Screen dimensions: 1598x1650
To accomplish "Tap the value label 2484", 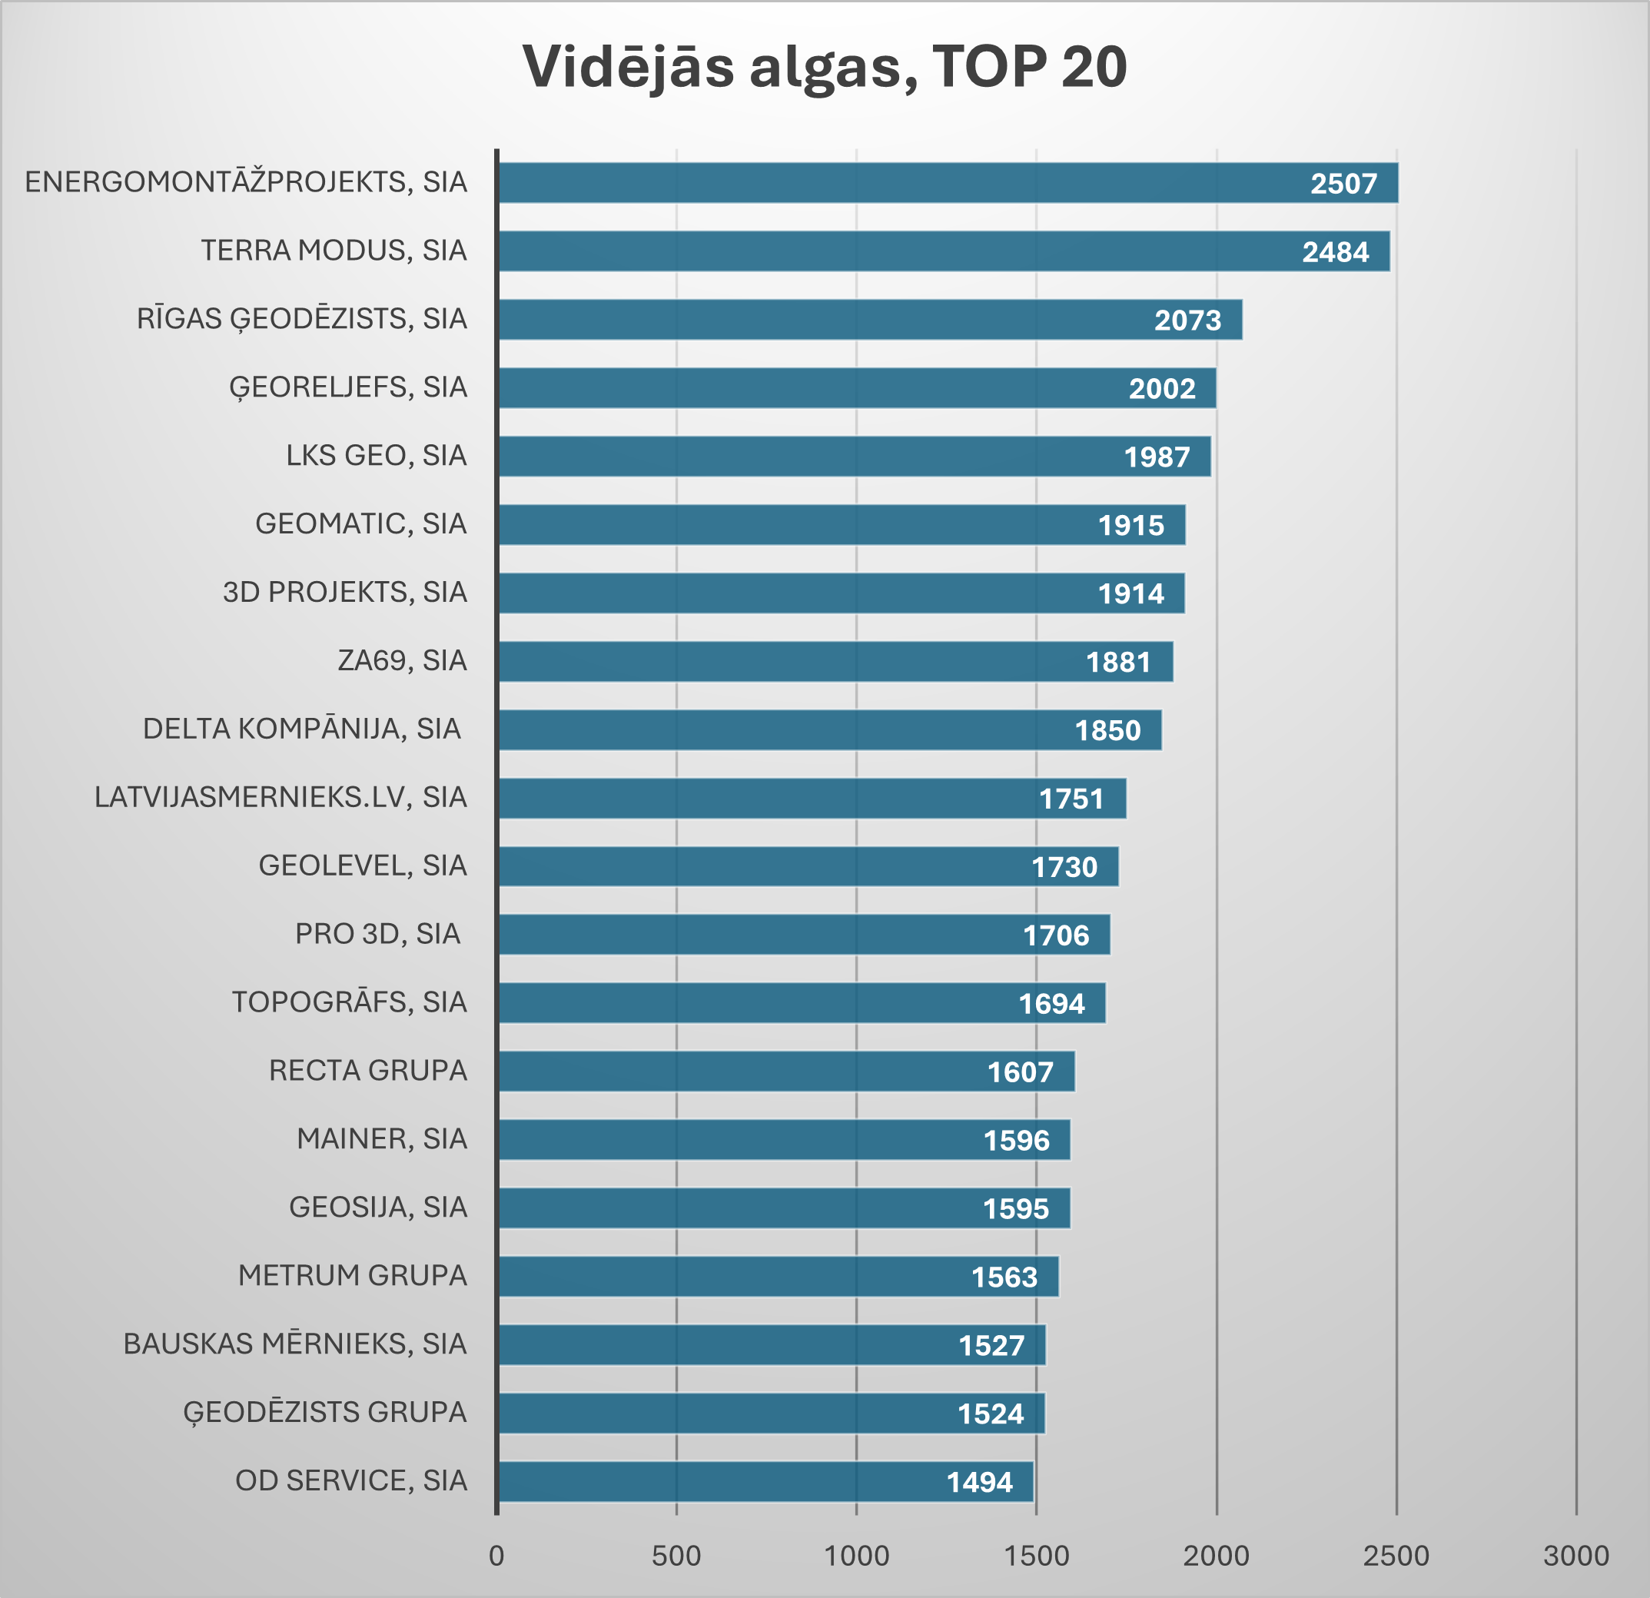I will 1335,252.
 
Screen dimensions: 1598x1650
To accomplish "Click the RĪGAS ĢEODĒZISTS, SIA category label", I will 301,319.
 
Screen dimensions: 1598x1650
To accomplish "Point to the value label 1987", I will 1157,457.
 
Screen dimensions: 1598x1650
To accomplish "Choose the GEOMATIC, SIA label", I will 360,523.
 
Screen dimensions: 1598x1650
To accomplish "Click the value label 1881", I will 1118,662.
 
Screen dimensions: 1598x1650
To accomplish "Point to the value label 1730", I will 1064,867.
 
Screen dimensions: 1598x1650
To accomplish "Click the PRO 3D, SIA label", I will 377,934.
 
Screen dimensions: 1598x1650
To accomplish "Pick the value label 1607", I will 1021,1071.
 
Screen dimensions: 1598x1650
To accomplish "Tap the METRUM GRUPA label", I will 352,1275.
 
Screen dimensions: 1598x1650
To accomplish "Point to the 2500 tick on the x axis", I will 1396,1556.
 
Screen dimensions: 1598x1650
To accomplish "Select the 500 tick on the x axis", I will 676,1556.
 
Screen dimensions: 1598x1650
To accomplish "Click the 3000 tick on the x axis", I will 1576,1556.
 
